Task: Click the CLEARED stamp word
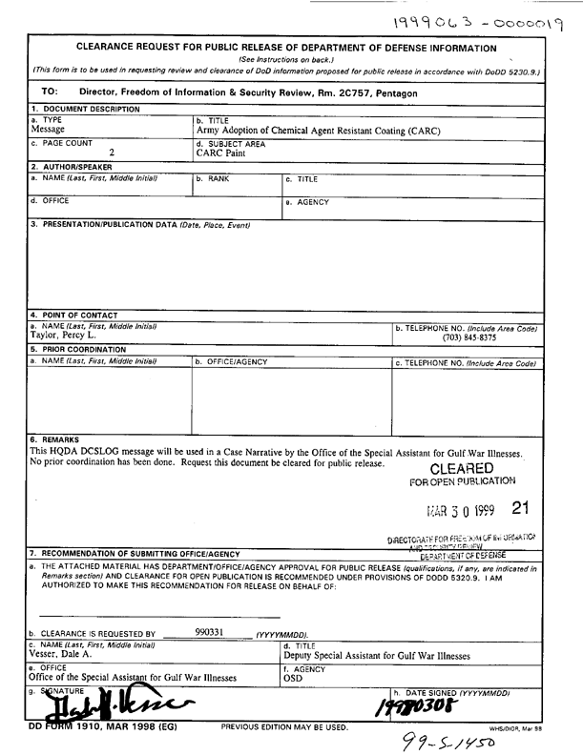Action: tap(463, 468)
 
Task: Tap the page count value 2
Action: tap(112, 153)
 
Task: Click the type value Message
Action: tap(52, 130)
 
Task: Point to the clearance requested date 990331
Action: tap(208, 631)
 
